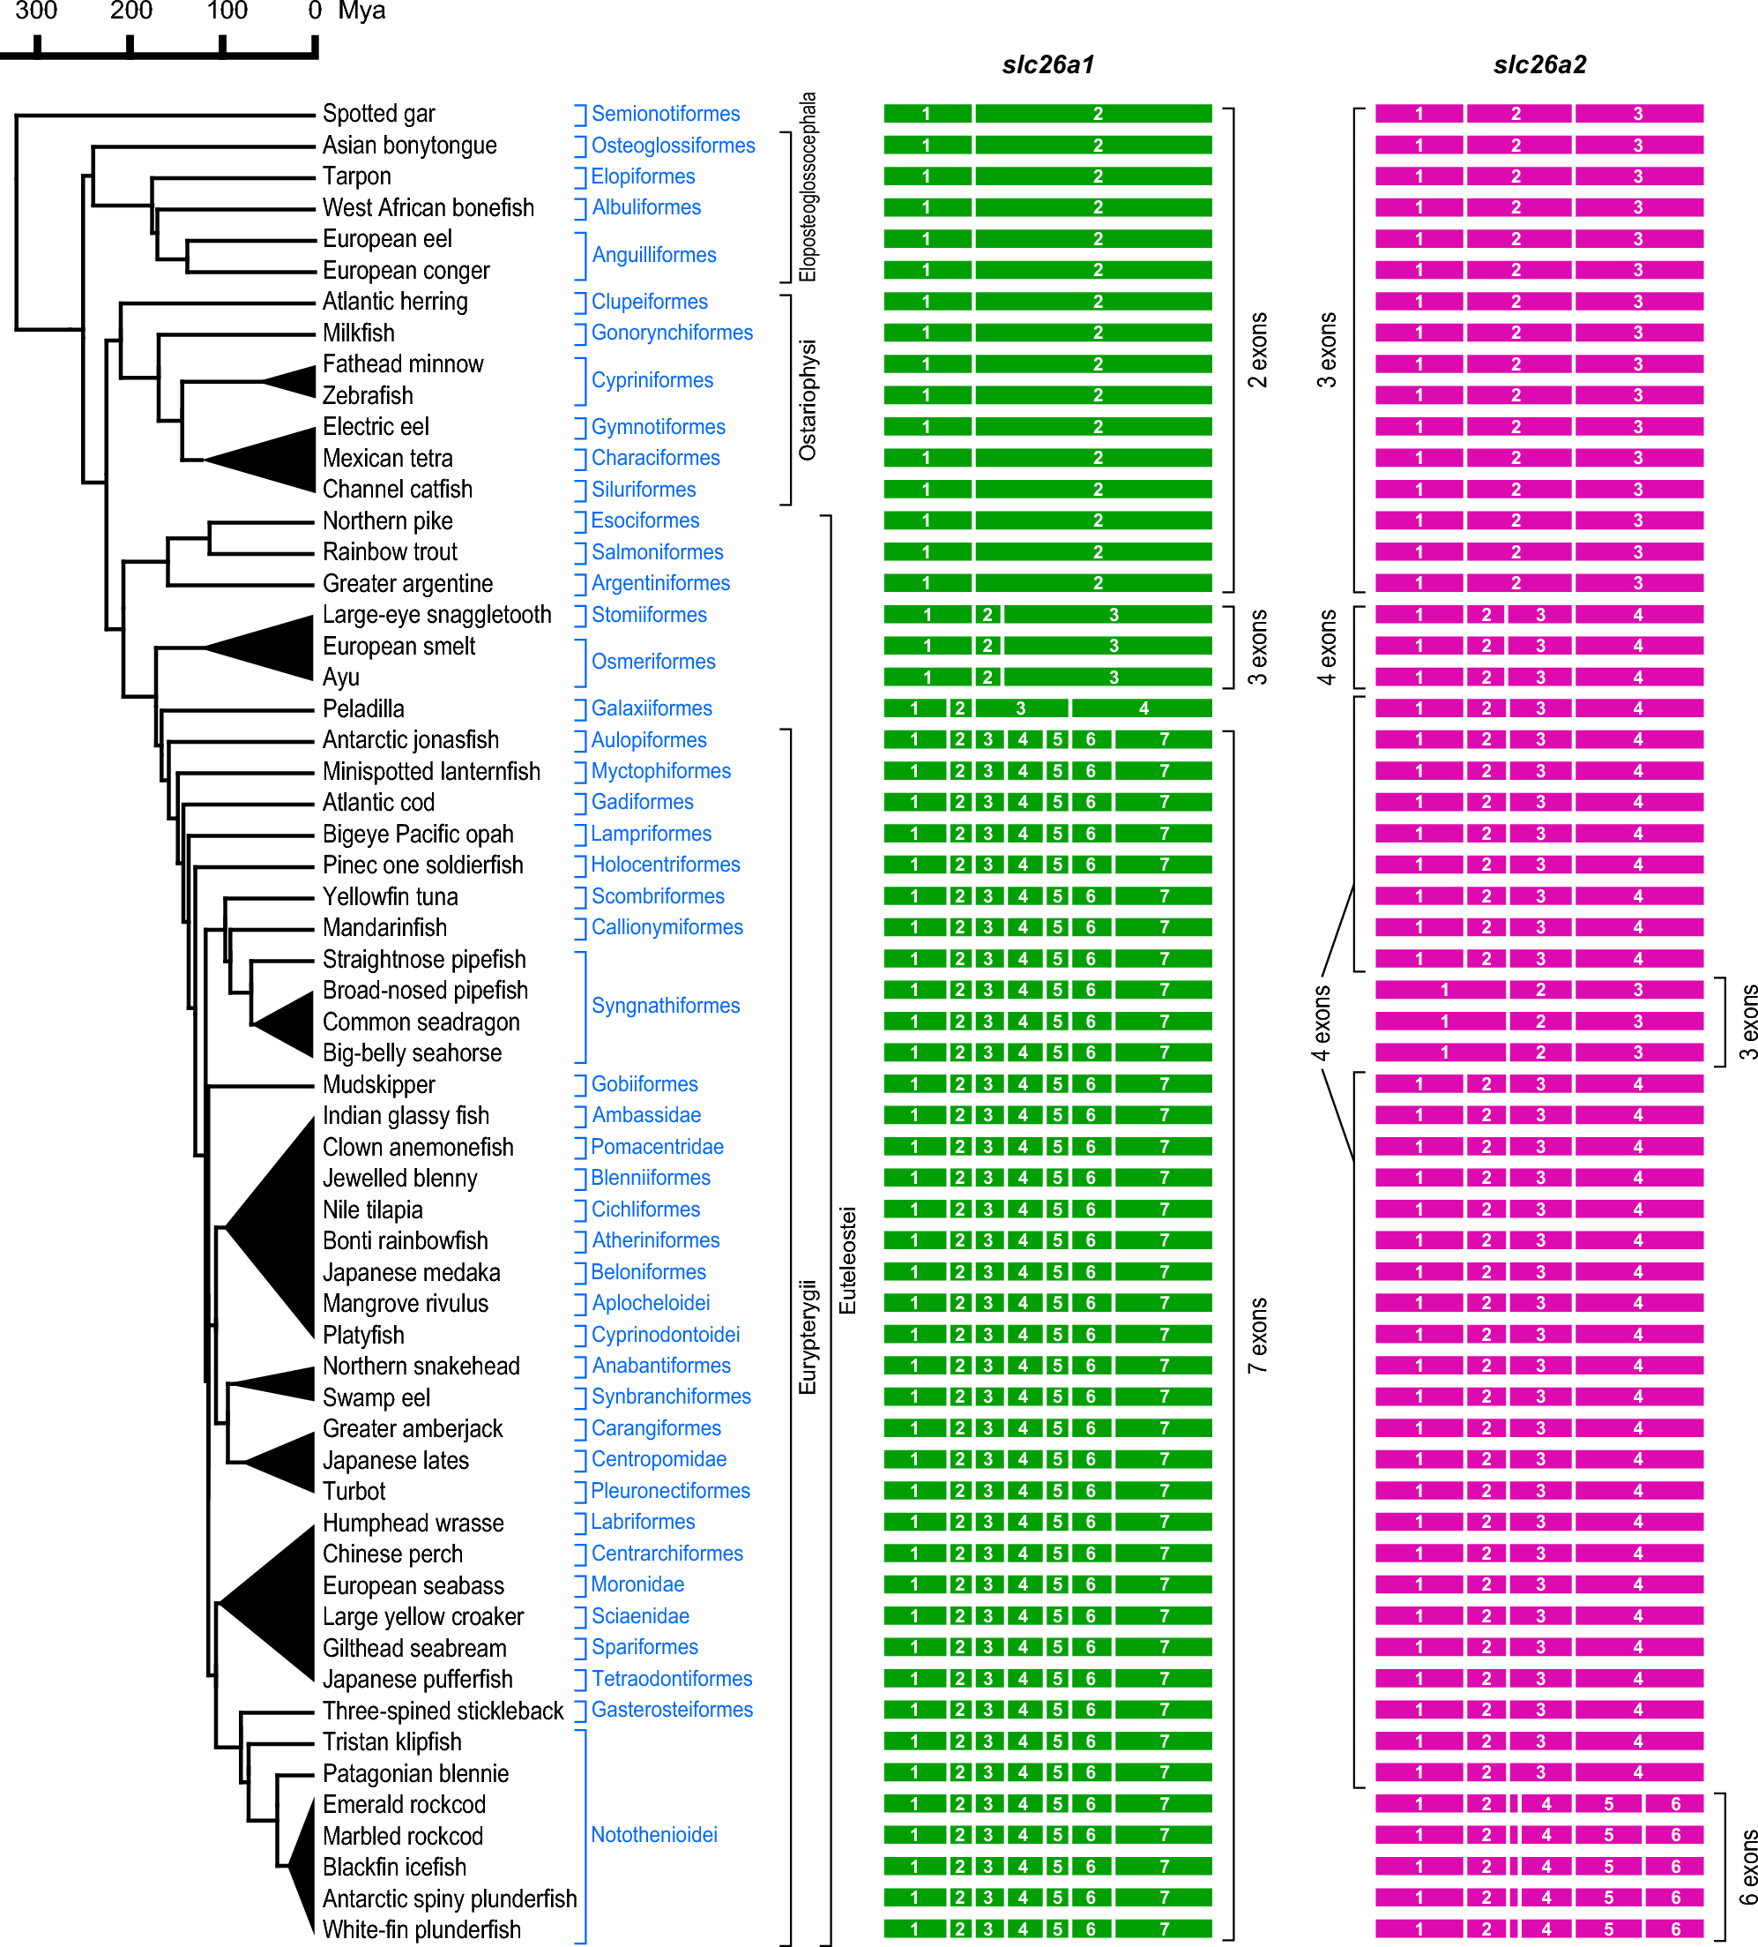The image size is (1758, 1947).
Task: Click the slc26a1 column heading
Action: (1047, 64)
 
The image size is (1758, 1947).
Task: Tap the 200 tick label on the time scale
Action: (130, 11)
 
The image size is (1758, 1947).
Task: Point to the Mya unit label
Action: (361, 11)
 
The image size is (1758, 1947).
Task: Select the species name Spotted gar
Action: (378, 114)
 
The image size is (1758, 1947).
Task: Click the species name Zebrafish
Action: (367, 396)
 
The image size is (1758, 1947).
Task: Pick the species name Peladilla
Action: (363, 709)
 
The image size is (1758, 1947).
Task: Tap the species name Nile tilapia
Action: (373, 1210)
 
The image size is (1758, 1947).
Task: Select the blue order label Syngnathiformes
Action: (665, 1006)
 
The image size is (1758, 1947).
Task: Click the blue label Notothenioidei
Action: (653, 1835)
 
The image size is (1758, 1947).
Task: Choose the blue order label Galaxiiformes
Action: (652, 709)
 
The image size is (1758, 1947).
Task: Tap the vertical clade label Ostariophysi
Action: (807, 400)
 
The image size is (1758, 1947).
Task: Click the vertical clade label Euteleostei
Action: (847, 1261)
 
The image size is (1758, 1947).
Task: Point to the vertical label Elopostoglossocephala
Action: (807, 187)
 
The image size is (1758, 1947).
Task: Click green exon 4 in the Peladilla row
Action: (1142, 709)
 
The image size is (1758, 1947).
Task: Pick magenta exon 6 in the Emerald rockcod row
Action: (1675, 1804)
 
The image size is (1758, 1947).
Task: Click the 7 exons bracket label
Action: (1257, 1336)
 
